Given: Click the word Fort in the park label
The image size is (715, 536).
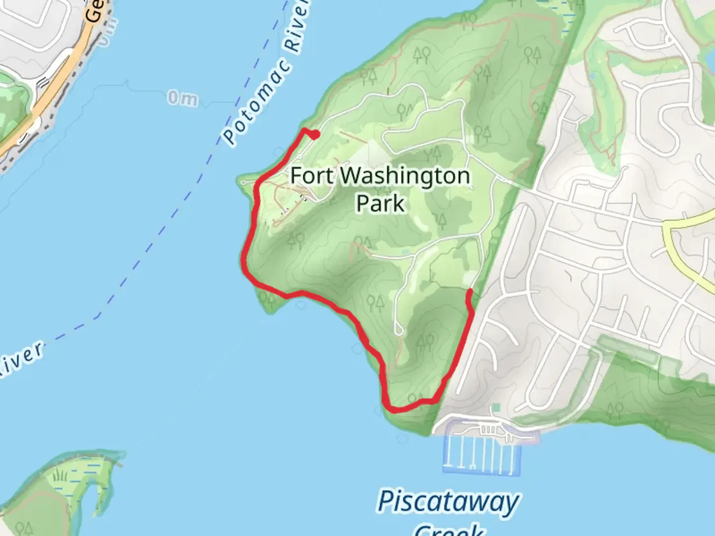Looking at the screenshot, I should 311,176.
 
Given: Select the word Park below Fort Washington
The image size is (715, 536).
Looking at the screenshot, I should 380,203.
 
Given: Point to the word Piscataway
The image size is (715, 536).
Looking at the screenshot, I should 448,502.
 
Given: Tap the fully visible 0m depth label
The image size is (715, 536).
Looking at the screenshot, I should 182,99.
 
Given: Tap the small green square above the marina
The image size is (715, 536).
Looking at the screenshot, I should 496,408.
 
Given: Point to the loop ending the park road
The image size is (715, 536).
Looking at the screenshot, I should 399,329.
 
